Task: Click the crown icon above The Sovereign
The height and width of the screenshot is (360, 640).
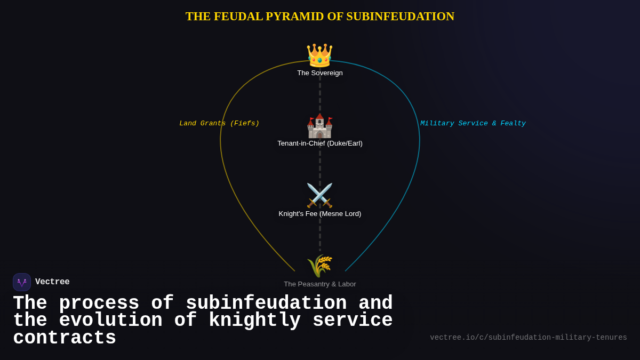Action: pos(319,55)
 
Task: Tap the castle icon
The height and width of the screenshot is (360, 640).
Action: pos(319,126)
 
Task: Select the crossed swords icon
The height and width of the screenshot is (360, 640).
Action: pos(319,196)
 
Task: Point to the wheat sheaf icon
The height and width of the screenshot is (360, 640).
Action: pos(319,266)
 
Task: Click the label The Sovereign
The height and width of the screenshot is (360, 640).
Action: pos(320,73)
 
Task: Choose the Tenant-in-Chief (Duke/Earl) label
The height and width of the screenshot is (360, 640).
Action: pos(320,143)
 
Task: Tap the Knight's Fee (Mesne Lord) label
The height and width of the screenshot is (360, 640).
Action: pos(320,214)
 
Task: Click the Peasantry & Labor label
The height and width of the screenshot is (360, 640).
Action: pos(320,284)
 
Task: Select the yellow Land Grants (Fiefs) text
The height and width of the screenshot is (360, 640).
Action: pos(219,124)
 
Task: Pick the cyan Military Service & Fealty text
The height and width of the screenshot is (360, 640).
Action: pos(473,124)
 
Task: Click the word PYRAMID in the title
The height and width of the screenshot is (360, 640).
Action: pos(294,17)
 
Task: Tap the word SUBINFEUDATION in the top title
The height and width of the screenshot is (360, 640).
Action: pos(400,17)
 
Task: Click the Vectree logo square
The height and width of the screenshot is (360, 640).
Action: pos(22,282)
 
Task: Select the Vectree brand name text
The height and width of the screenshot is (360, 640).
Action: pos(52,282)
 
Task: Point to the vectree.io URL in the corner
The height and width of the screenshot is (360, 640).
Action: pos(529,338)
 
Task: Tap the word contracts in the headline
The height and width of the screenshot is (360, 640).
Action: pos(65,338)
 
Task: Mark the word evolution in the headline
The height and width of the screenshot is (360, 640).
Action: pos(110,321)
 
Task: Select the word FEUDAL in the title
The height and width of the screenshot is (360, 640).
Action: pos(238,17)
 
